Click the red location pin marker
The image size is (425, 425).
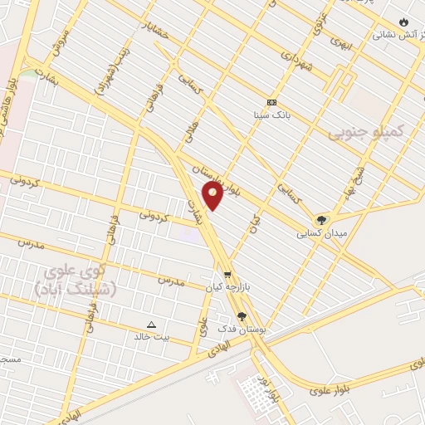(214, 196)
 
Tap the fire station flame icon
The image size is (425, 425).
(403, 22)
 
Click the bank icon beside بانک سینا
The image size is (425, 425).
(271, 102)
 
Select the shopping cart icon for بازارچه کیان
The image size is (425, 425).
(227, 275)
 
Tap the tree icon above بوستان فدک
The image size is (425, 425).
(242, 316)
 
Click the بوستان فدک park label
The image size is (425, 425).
(241, 329)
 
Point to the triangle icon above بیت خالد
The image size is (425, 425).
(151, 325)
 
